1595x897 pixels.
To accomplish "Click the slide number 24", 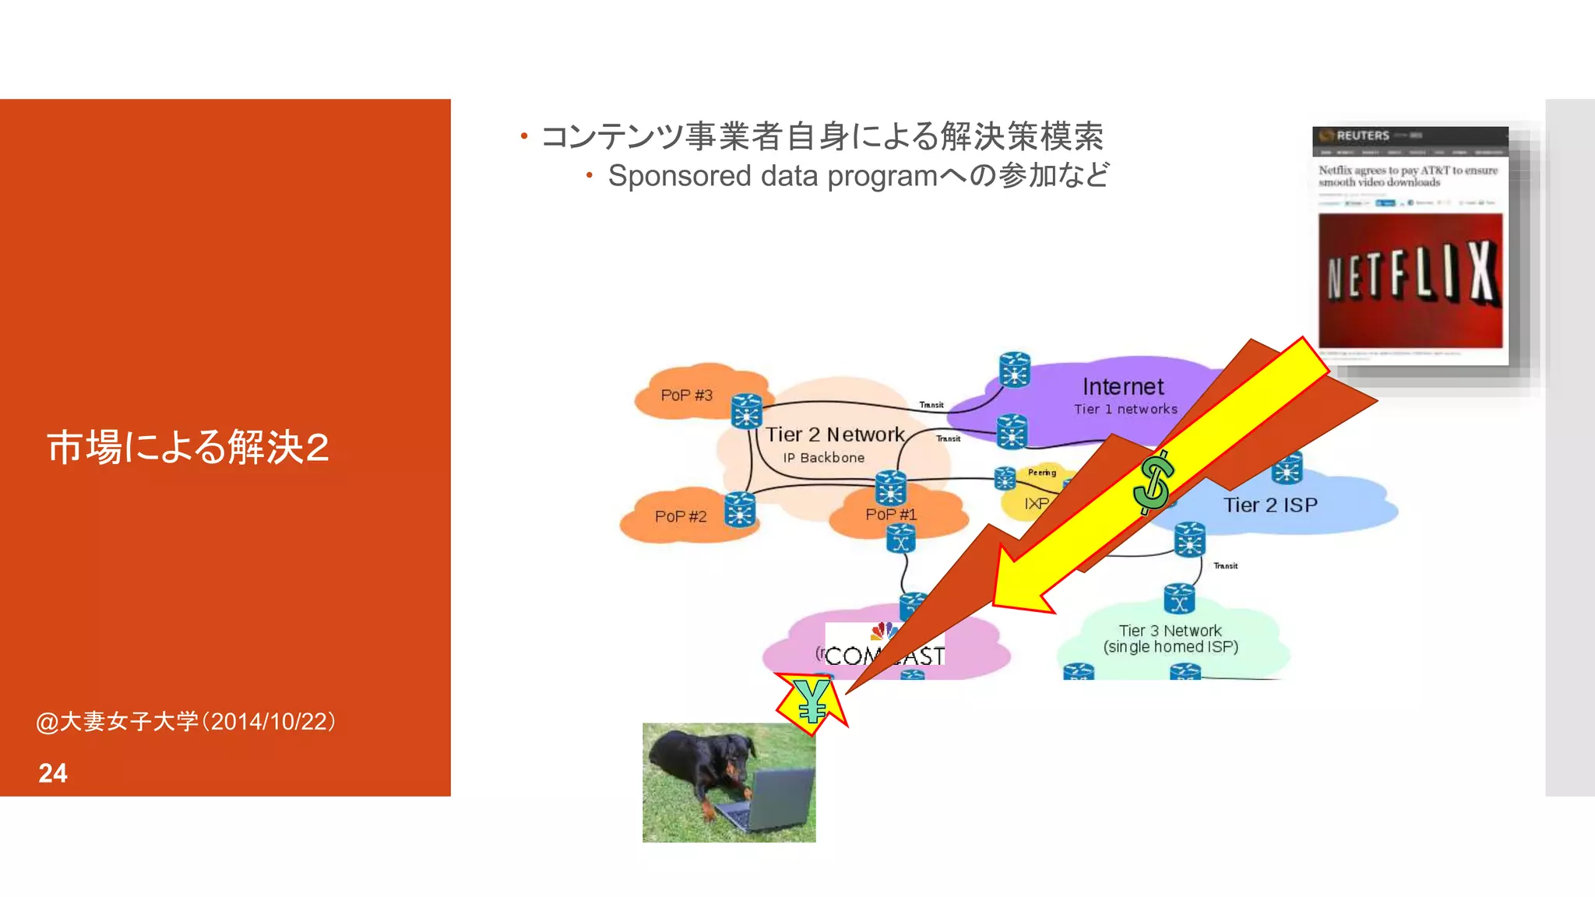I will pyautogui.click(x=53, y=772).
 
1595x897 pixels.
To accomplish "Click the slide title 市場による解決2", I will pyautogui.click(x=188, y=447).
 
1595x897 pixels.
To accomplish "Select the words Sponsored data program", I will pyautogui.click(x=773, y=176).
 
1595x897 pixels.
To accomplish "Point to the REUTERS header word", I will pyautogui.click(x=1363, y=135).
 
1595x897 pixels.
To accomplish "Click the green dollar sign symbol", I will pyautogui.click(x=1153, y=483).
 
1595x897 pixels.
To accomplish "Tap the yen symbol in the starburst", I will pyautogui.click(x=811, y=700).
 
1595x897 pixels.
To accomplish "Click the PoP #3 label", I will pyautogui.click(x=686, y=396).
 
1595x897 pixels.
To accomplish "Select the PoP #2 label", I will pyautogui.click(x=680, y=516).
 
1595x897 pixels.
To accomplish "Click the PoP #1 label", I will pyautogui.click(x=891, y=515).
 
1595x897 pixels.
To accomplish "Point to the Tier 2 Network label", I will pyautogui.click(x=834, y=434).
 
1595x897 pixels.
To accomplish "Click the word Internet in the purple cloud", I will pyautogui.click(x=1122, y=387).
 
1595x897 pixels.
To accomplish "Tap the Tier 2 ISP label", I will pyautogui.click(x=1269, y=505).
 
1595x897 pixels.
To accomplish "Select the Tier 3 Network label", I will pyautogui.click(x=1170, y=631).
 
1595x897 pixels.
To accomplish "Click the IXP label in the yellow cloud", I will pyautogui.click(x=1036, y=505).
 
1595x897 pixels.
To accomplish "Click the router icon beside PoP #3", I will pyautogui.click(x=746, y=410).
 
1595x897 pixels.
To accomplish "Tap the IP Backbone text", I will pyautogui.click(x=823, y=458).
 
